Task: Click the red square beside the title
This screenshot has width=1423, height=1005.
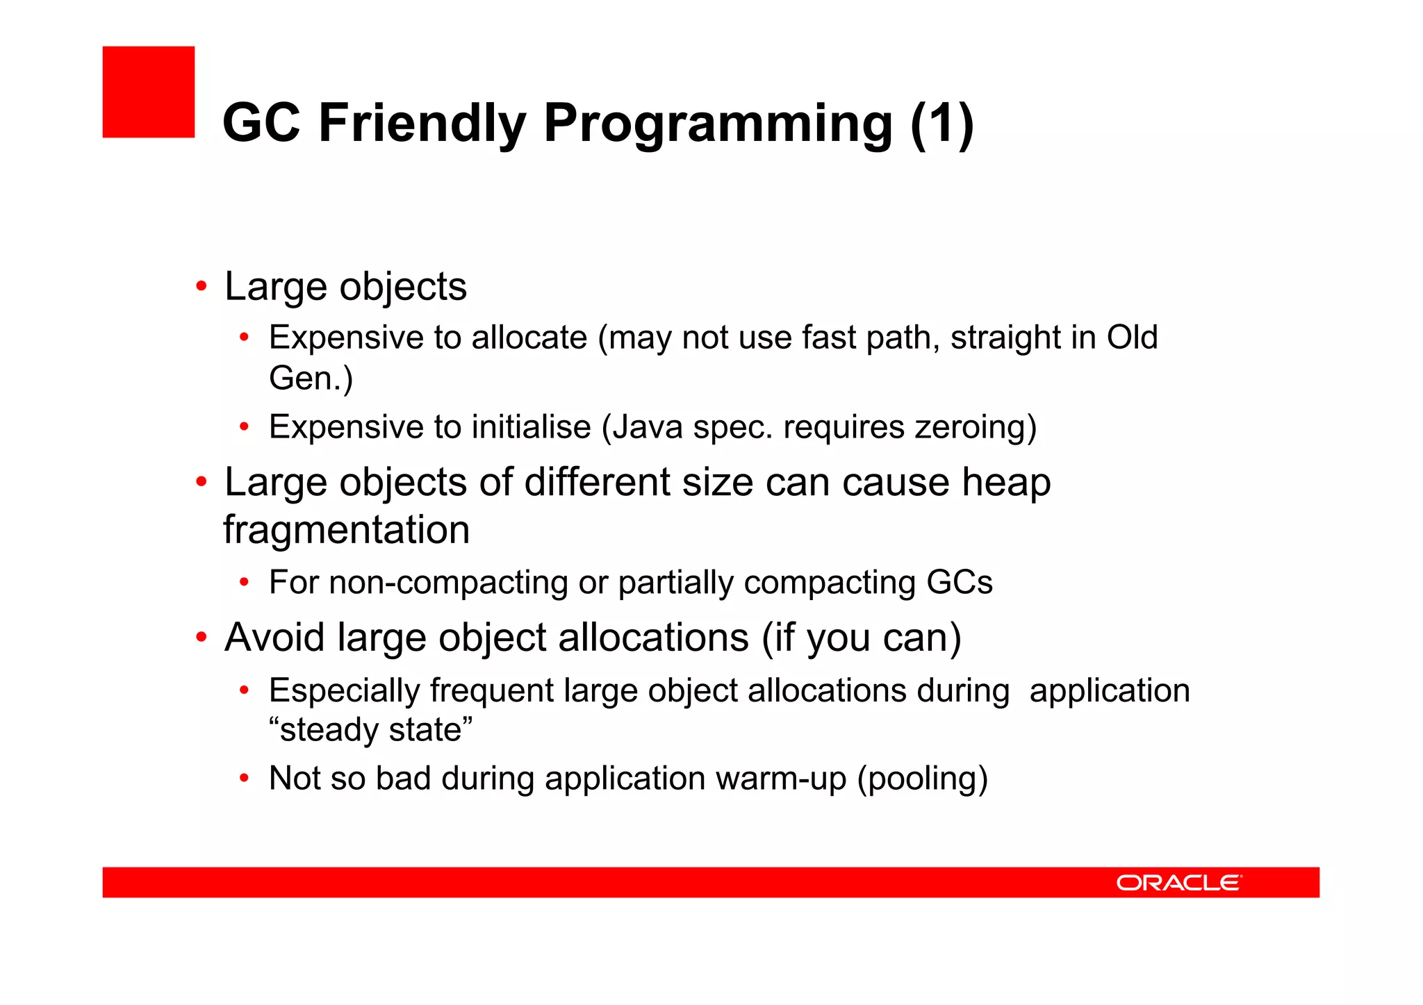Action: (148, 92)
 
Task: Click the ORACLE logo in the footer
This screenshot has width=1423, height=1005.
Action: (1178, 882)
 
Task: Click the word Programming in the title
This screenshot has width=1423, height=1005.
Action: (717, 124)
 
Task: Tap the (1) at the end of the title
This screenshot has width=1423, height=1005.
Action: (941, 124)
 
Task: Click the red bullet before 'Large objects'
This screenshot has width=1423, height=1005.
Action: (201, 286)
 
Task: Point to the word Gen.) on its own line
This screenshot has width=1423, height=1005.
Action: (311, 379)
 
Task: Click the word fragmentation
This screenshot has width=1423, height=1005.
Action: (346, 530)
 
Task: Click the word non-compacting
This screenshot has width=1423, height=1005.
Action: (447, 582)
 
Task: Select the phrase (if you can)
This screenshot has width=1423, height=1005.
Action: (861, 638)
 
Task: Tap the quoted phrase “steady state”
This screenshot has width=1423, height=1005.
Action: (370, 730)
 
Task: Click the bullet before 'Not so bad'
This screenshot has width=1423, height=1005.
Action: (244, 778)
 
